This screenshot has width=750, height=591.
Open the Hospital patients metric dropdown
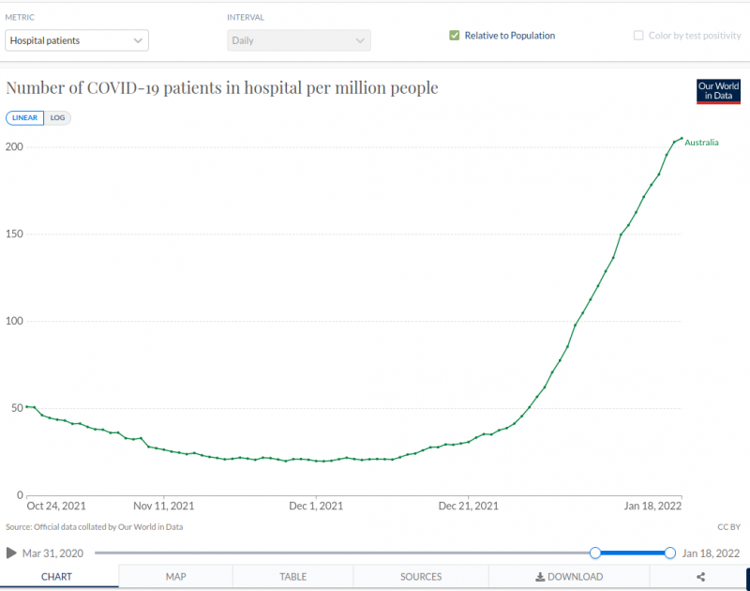tap(77, 40)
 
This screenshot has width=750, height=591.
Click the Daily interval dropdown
tap(298, 40)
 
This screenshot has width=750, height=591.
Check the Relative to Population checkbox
tap(455, 36)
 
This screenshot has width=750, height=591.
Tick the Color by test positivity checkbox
tap(640, 36)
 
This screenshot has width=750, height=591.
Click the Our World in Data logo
tap(718, 91)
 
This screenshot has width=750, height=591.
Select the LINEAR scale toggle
tap(25, 118)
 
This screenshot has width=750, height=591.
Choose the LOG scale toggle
tap(58, 118)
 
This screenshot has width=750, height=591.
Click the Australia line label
tap(702, 143)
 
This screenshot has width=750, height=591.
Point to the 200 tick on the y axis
tap(13, 147)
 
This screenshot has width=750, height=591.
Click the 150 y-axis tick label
tap(13, 235)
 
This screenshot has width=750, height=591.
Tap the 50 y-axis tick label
tap(16, 408)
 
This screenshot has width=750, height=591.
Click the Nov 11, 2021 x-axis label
tap(164, 506)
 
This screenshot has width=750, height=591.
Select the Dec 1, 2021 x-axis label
tap(317, 506)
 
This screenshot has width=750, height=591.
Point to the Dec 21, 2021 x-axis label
tap(469, 506)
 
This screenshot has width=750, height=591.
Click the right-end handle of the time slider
tap(670, 553)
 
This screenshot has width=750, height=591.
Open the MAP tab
tap(175, 577)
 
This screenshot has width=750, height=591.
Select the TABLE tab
tap(292, 577)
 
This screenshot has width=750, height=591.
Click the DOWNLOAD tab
tap(569, 577)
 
